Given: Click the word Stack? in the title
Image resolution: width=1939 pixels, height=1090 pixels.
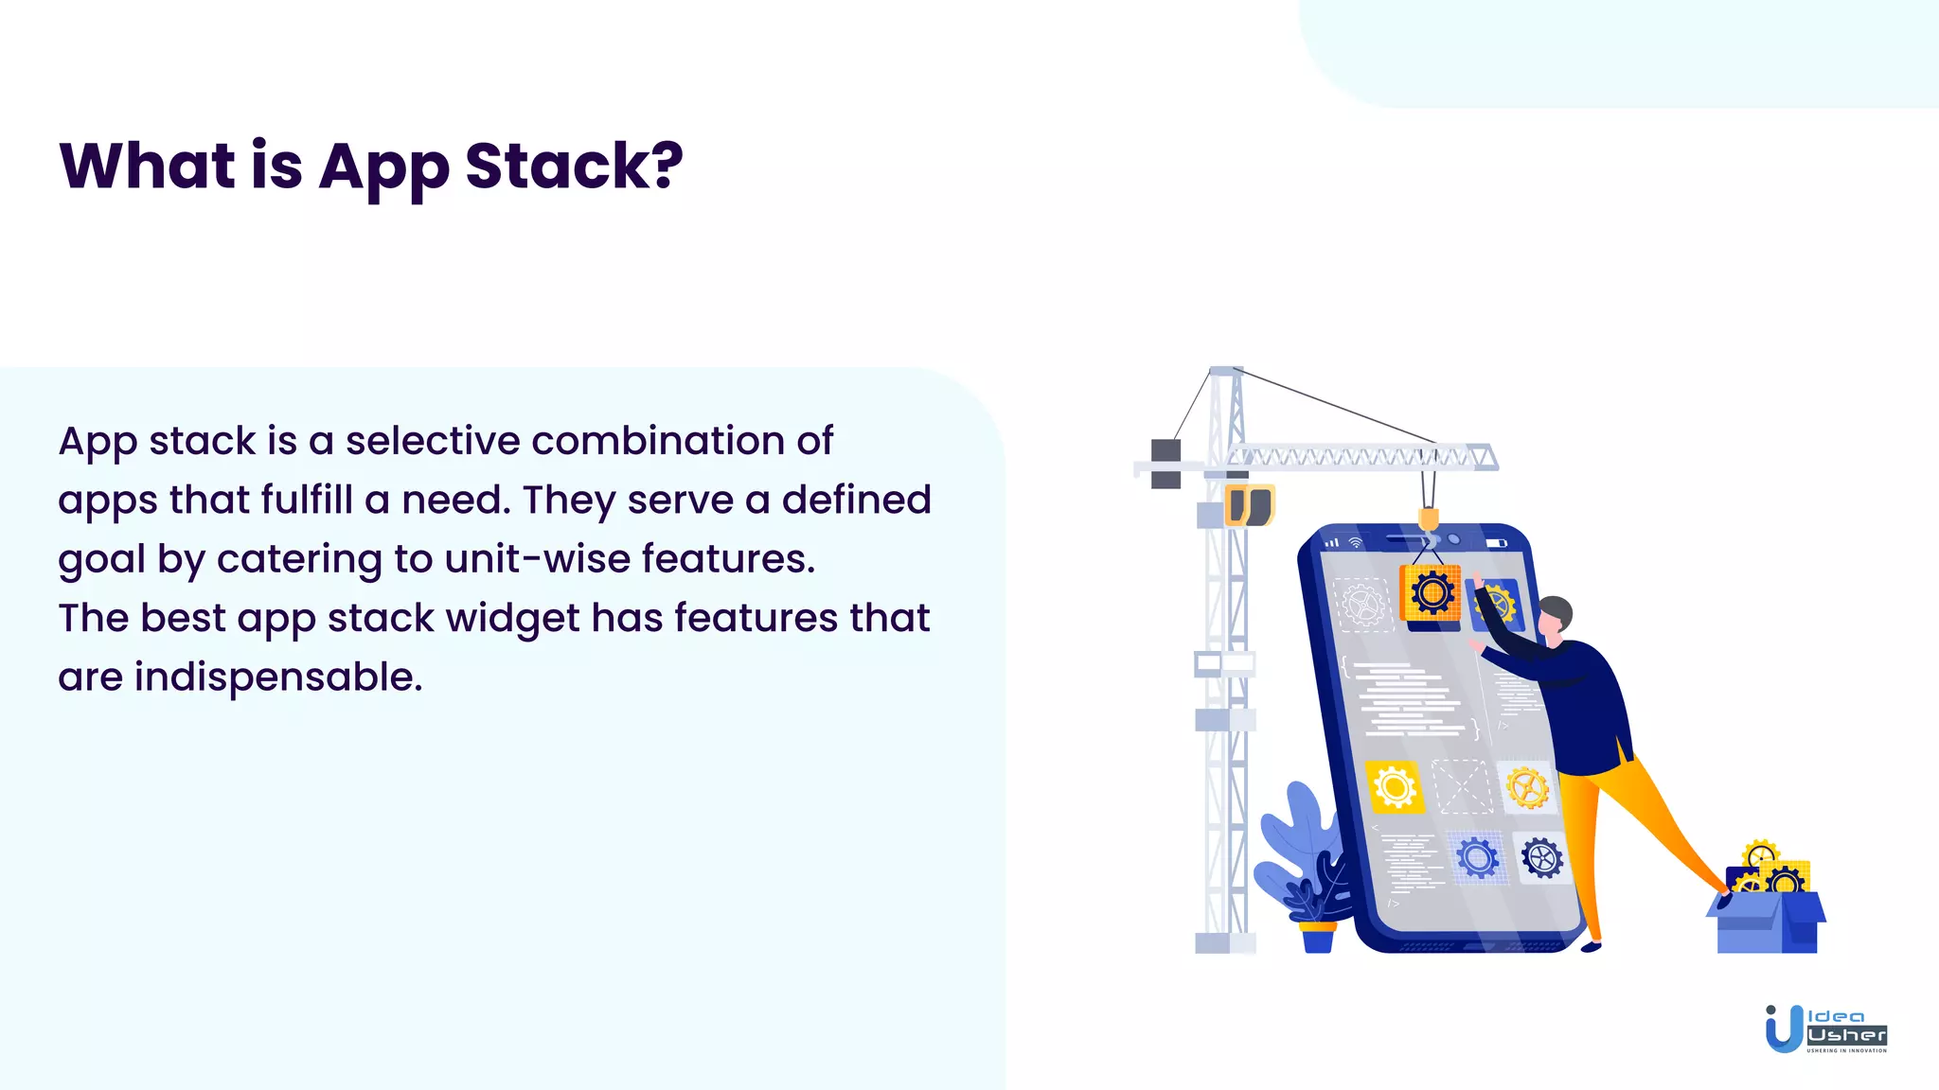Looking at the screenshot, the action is coord(574,167).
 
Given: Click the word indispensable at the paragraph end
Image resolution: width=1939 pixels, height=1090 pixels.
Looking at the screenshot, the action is coord(278,677).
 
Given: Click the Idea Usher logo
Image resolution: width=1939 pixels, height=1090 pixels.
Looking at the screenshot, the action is coord(1824,1029).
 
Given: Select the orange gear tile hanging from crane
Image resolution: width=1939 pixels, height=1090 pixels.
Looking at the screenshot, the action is coord(1431,593).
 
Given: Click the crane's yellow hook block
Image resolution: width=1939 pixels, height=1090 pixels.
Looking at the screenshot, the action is coord(1429,519).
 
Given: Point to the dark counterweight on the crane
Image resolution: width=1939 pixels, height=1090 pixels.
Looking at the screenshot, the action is coord(1165,464).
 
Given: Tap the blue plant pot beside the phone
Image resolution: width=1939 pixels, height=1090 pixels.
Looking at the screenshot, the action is coord(1318,937).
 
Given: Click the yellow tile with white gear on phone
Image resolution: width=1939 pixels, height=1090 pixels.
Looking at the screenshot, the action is coord(1395,786).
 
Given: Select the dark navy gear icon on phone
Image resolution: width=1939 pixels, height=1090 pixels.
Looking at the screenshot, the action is coord(1541,858).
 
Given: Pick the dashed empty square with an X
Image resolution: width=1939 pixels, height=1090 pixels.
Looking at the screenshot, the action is coord(1462,786).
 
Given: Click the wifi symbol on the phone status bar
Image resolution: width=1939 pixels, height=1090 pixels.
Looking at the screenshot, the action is coord(1355,543).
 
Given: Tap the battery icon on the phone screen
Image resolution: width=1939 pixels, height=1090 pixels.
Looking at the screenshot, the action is coord(1496,543).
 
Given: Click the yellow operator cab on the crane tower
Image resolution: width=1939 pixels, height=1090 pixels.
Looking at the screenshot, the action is coord(1250,505).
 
